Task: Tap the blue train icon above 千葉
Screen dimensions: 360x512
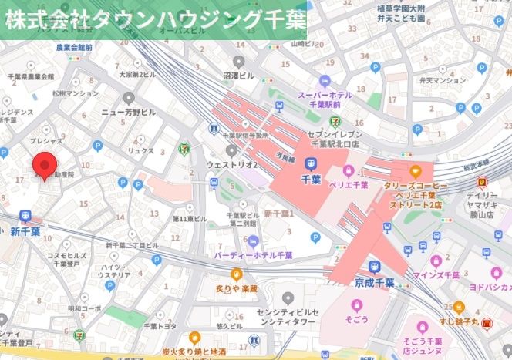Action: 312,163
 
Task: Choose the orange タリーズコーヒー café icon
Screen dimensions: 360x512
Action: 416,171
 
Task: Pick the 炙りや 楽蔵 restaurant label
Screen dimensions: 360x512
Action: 236,288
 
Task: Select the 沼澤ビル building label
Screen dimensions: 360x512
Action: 238,76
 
